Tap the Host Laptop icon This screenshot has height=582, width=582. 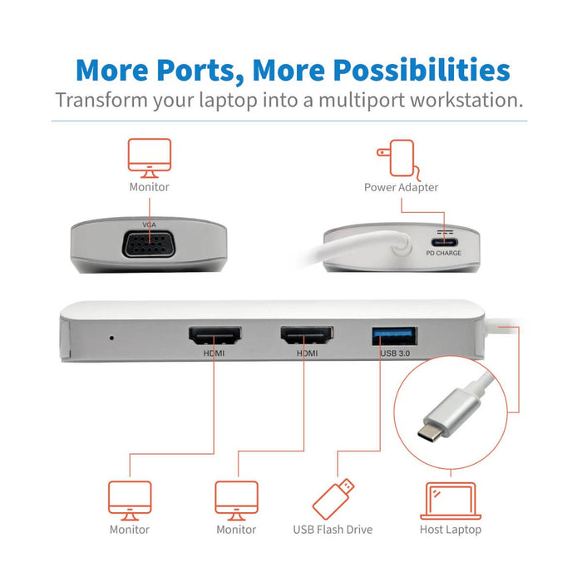pos(450,501)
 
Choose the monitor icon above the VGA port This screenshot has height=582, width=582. pos(149,157)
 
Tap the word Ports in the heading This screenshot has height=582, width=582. pos(206,70)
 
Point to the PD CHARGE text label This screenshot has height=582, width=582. pos(443,253)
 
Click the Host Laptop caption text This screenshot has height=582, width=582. pos(451,529)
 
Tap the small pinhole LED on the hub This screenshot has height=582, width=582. pos(112,338)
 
